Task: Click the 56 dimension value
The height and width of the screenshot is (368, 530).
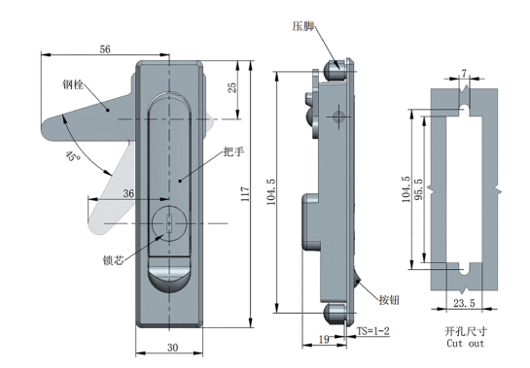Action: pos(105,50)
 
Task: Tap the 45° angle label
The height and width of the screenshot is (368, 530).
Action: pos(72,155)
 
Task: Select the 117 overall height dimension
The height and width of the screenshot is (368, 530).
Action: pos(245,194)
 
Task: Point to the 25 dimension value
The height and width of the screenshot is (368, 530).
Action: pos(232,87)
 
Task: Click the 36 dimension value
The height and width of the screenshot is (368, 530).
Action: pos(128,193)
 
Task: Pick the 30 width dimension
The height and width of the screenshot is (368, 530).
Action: pos(172,348)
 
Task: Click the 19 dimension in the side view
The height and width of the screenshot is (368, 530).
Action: pos(324,339)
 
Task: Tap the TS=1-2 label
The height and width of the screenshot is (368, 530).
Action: pos(373,331)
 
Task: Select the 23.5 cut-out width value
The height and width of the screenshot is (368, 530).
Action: pos(464,303)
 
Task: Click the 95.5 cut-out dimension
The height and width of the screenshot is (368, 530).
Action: pos(419,189)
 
